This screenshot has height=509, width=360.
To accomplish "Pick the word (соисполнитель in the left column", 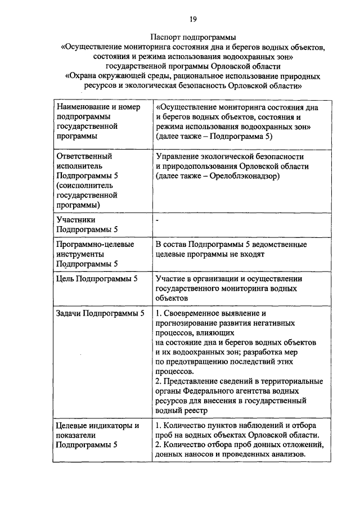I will point(84,185).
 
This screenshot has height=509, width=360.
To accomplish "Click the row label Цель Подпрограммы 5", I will point(97,278).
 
